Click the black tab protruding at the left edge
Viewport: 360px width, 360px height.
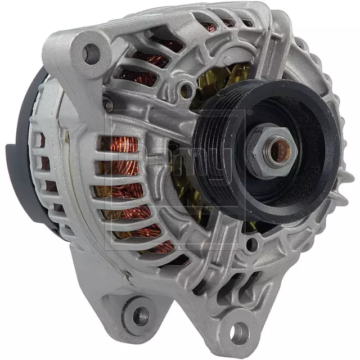pyautogui.click(x=12, y=155)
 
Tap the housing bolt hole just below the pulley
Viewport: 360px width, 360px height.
pyautogui.click(x=253, y=244)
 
